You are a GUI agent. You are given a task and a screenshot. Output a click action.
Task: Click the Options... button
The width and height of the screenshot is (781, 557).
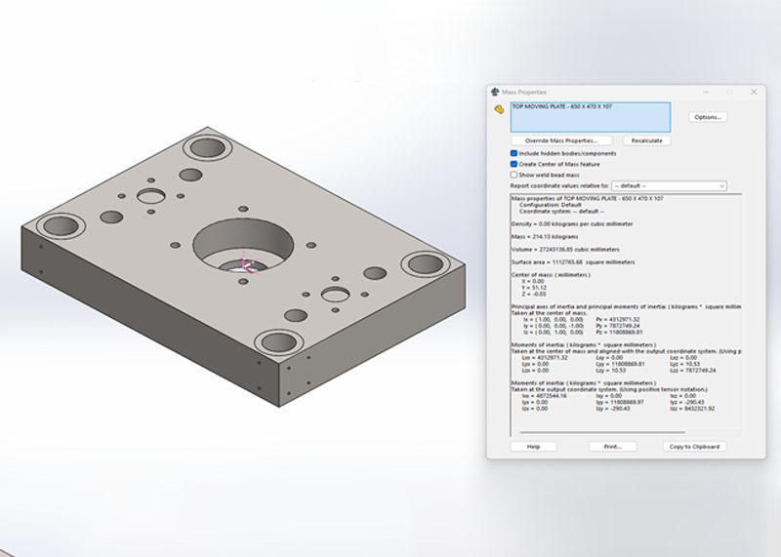click(707, 117)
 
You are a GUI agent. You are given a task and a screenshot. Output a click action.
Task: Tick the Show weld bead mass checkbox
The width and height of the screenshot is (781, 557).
click(514, 175)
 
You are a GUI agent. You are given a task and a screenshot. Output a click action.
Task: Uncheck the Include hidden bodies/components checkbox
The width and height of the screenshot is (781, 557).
click(514, 153)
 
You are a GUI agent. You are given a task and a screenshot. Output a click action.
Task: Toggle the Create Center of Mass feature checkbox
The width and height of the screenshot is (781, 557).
click(514, 164)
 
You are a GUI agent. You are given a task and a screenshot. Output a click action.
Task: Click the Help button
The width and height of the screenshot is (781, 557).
click(533, 446)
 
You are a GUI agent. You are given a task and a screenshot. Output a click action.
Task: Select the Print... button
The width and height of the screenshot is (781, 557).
click(612, 446)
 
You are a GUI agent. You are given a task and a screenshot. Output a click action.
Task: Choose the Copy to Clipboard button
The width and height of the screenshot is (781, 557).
click(694, 446)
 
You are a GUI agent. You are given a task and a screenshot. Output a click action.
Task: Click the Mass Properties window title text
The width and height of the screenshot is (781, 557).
click(524, 92)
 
